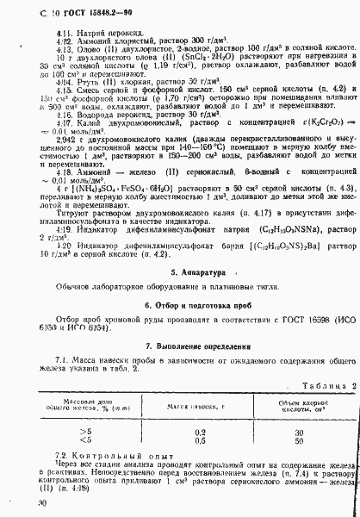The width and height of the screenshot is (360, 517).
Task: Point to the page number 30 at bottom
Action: point(30,501)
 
